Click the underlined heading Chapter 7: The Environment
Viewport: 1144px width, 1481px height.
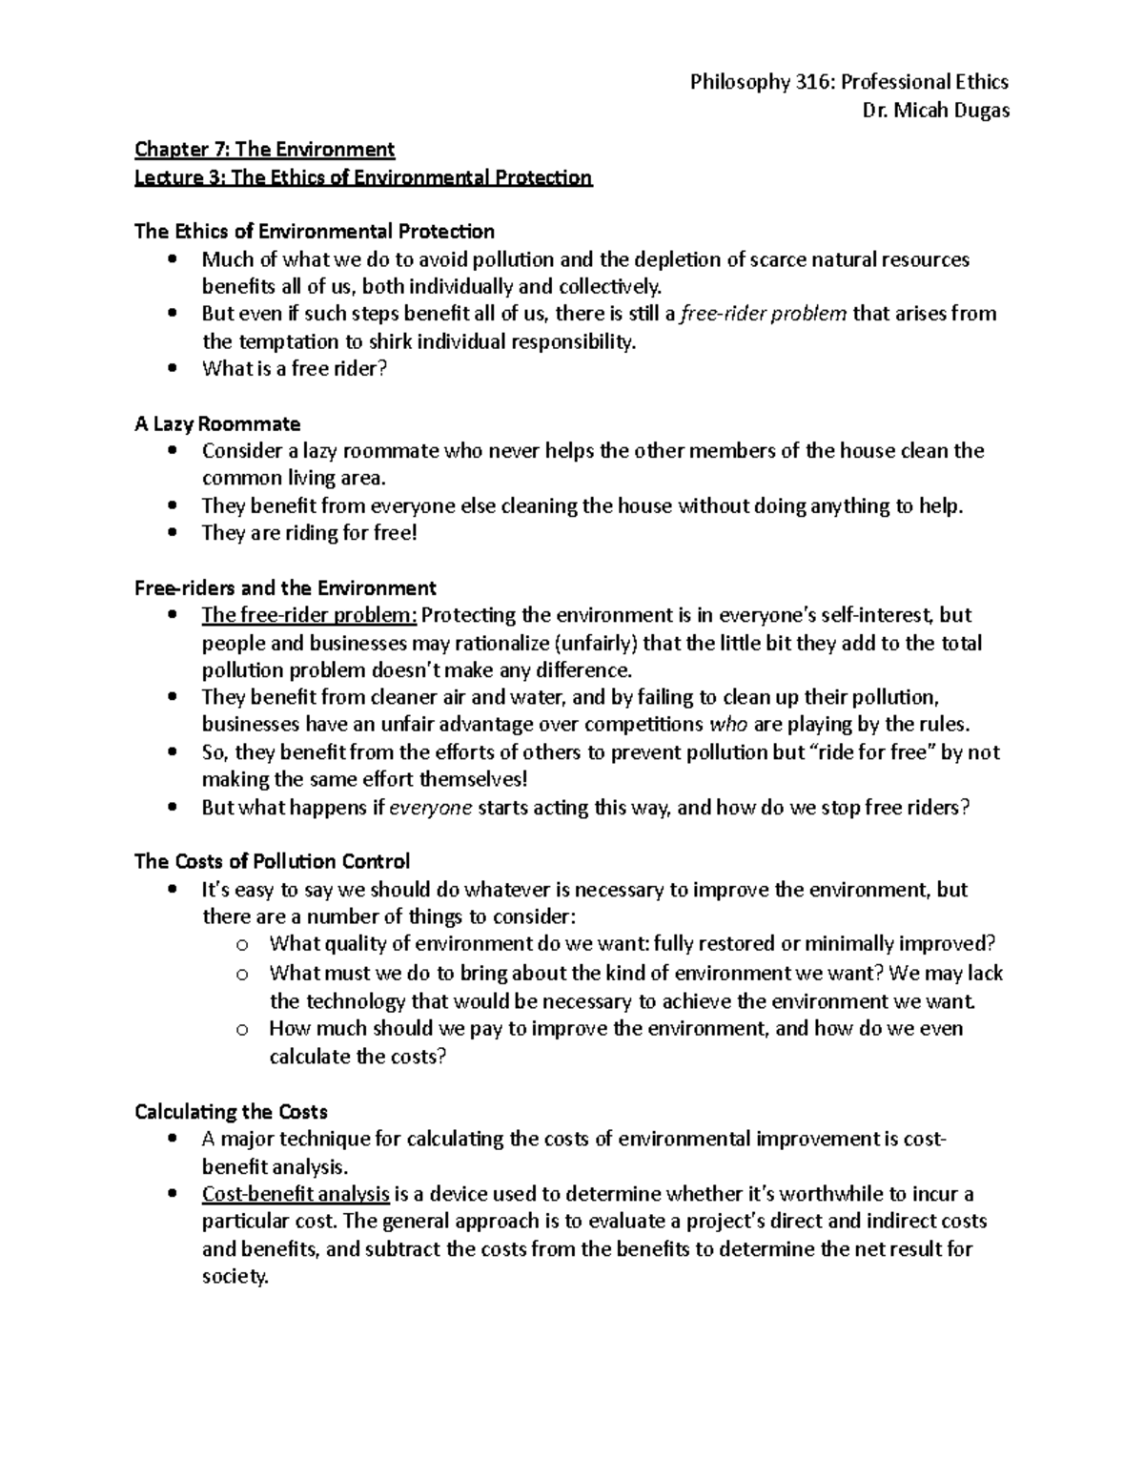pyautogui.click(x=264, y=150)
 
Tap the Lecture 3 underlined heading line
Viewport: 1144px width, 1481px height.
pyautogui.click(x=363, y=178)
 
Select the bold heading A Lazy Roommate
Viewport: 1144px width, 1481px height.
pyautogui.click(x=217, y=423)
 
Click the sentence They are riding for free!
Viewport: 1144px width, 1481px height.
pyautogui.click(x=309, y=533)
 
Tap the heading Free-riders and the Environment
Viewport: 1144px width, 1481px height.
pyautogui.click(x=285, y=588)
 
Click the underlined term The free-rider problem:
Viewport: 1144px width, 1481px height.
pyautogui.click(x=309, y=615)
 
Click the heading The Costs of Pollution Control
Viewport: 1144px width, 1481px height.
pyautogui.click(x=272, y=862)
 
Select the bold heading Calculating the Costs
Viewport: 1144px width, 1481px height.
pyautogui.click(x=231, y=1112)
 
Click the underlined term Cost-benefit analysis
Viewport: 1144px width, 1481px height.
pyautogui.click(x=296, y=1194)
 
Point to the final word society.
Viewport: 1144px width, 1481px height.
pyautogui.click(x=235, y=1278)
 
